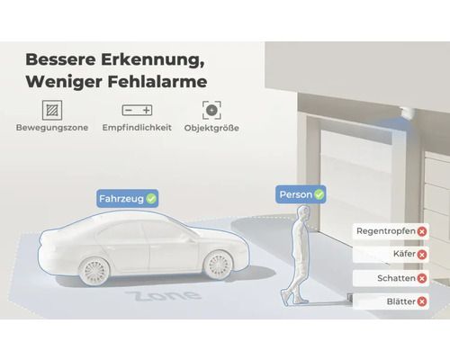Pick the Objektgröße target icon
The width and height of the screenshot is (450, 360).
pos(211,110)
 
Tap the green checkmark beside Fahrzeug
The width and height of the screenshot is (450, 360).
pos(151,197)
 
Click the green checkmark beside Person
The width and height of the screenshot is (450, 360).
pos(319,194)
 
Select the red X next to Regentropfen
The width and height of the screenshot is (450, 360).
pos(422,231)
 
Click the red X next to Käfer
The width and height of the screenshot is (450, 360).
pos(422,255)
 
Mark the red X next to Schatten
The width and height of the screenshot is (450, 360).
pos(422,278)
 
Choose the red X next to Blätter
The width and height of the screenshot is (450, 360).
pos(422,301)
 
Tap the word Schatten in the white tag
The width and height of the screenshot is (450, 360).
pos(383,278)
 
